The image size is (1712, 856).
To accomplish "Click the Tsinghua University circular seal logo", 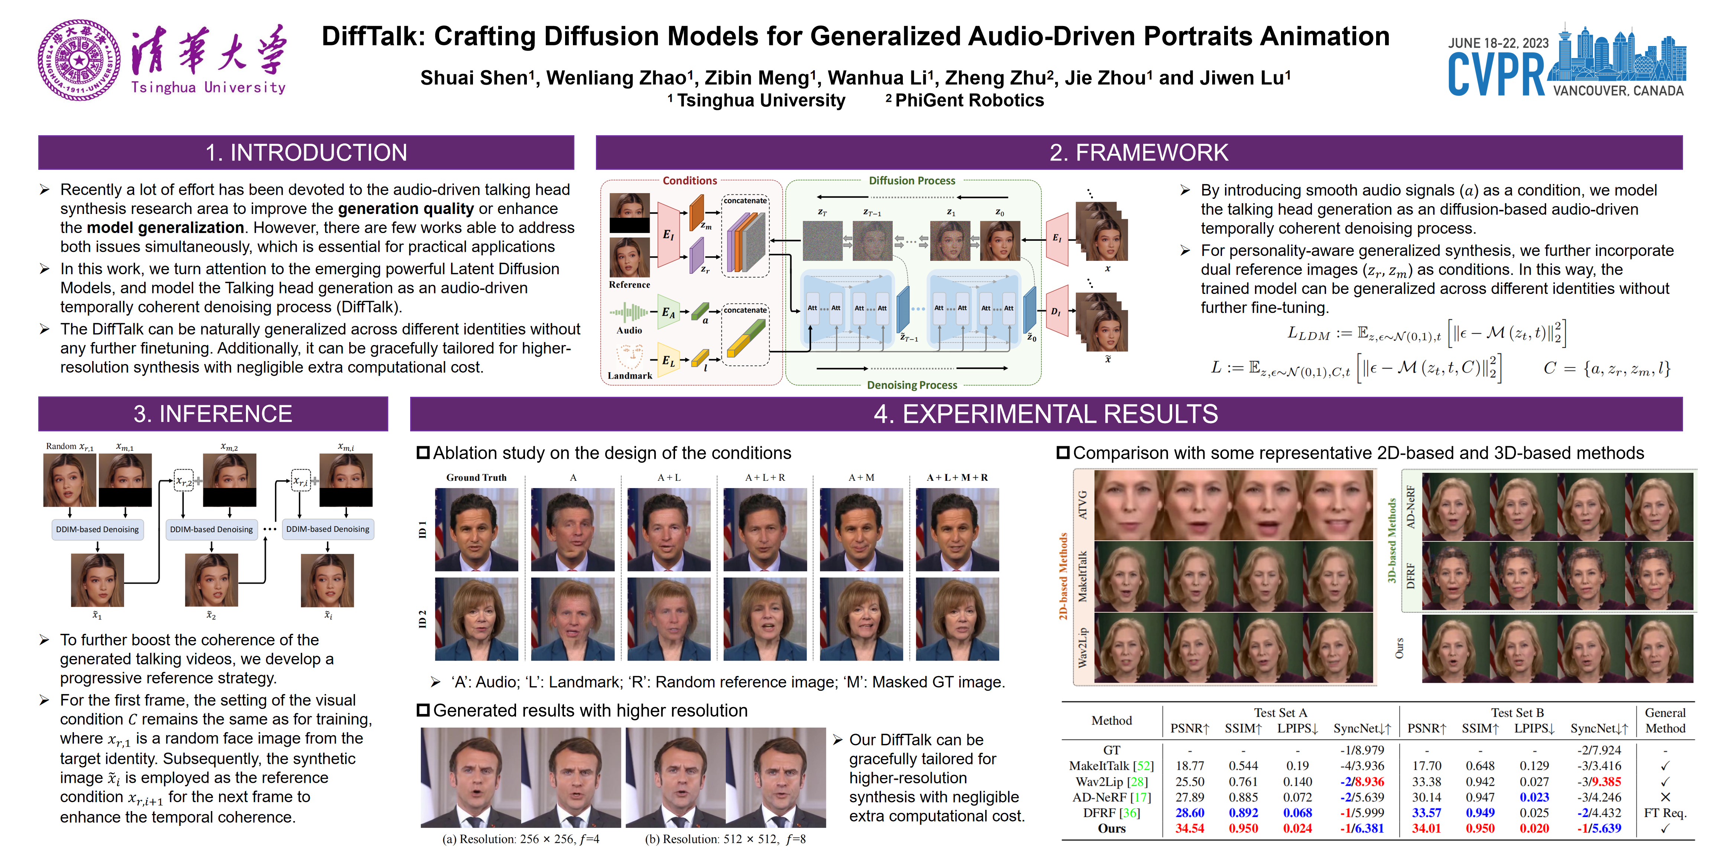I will pos(79,60).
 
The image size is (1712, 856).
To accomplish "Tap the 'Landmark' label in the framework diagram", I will pos(629,376).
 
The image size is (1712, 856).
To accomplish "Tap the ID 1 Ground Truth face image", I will pos(477,530).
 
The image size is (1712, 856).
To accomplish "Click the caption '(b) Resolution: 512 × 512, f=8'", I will pos(725,839).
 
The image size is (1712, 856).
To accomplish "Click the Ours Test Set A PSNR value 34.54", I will pos(1190,829).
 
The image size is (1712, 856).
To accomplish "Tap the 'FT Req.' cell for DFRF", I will pos(1665,813).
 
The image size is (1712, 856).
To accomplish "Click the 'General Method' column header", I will pos(1665,720).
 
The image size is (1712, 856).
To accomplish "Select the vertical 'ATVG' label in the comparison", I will pos(1082,505).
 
